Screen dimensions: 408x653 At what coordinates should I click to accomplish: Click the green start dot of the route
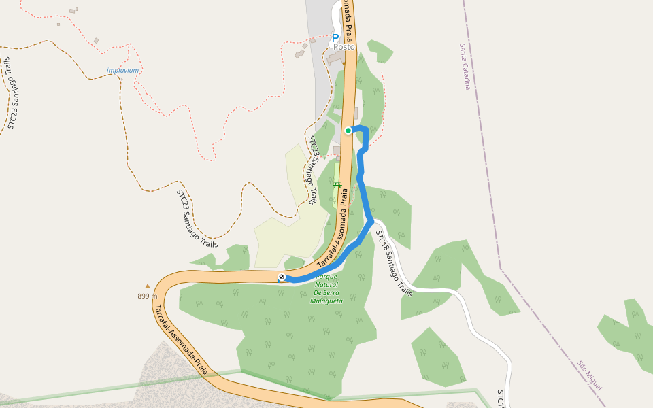[x=348, y=131]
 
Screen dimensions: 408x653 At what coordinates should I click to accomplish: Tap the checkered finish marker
[x=282, y=277]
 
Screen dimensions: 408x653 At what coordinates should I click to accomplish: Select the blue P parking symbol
[x=335, y=38]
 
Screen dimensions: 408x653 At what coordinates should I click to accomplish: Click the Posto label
[x=344, y=47]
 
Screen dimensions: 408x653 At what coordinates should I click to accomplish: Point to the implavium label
[x=122, y=70]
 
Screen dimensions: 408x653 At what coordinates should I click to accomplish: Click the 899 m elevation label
[x=147, y=296]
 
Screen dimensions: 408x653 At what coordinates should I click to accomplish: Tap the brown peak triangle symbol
[x=147, y=286]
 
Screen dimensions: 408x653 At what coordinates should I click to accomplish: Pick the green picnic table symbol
[x=336, y=184]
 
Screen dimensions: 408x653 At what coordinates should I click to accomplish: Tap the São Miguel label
[x=590, y=375]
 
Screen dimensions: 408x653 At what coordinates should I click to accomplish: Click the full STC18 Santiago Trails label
[x=395, y=263]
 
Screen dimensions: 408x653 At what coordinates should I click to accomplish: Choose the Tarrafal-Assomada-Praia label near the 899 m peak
[x=180, y=339]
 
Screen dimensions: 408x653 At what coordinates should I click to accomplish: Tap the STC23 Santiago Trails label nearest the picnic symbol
[x=311, y=170]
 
